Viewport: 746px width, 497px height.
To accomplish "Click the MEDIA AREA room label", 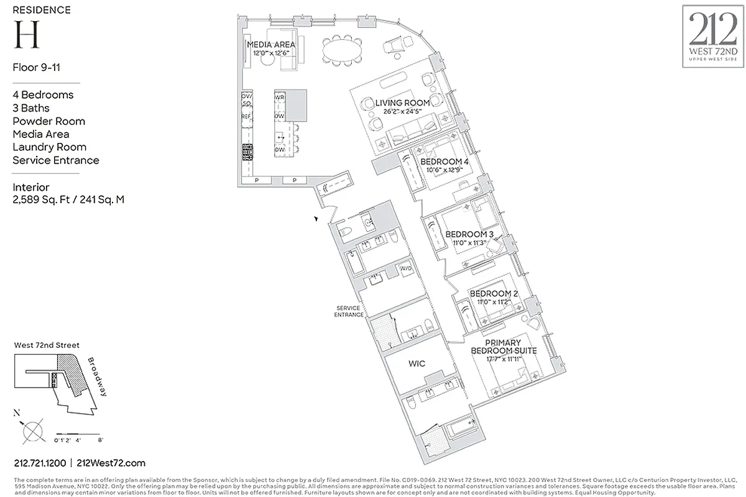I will tap(271, 45).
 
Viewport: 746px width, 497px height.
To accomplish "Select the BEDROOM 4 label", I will tap(444, 162).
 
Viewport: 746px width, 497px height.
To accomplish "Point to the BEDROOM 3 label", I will tap(469, 234).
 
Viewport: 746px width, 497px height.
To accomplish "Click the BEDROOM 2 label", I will tap(494, 293).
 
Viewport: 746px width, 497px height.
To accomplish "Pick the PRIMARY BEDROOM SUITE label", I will tap(503, 347).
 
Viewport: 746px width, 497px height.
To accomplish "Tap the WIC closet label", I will tap(418, 363).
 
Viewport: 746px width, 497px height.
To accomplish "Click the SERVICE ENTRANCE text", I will tap(349, 311).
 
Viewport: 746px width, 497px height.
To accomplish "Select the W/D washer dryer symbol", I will tap(405, 269).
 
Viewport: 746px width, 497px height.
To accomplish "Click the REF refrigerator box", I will tap(247, 116).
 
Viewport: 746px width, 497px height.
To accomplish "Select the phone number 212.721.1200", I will tap(39, 463).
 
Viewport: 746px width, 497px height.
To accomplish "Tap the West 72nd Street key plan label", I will tap(46, 345).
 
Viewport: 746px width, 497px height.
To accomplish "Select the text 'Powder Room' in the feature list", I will tap(49, 121).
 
